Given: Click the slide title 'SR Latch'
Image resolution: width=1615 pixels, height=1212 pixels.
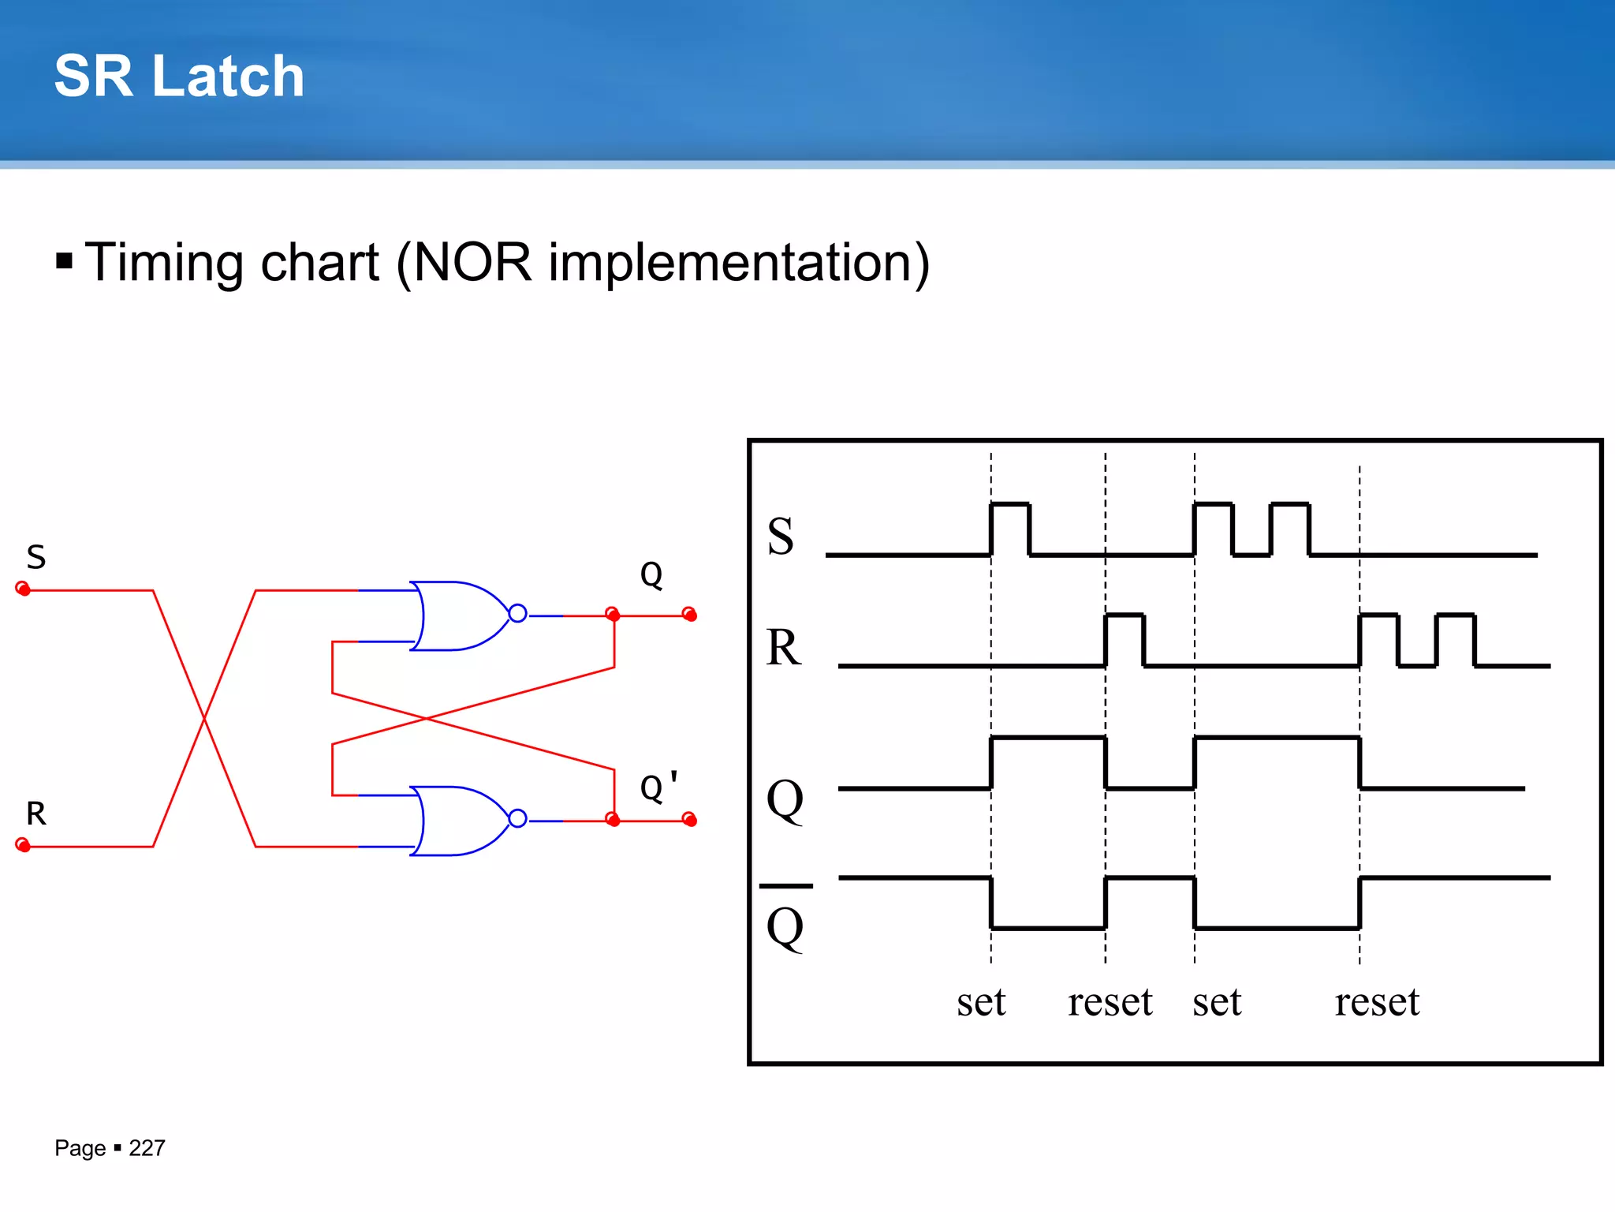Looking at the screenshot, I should pyautogui.click(x=179, y=77).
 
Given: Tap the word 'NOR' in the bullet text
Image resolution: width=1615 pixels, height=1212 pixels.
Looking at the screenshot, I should pyautogui.click(x=472, y=263).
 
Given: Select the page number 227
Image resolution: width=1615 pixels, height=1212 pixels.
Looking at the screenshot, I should pyautogui.click(x=147, y=1148).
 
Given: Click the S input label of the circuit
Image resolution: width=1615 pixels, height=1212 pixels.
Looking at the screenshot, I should pyautogui.click(x=36, y=557).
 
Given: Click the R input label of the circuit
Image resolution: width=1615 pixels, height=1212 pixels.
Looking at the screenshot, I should pyautogui.click(x=36, y=814).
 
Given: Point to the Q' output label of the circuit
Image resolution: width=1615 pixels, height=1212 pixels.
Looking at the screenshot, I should pyautogui.click(x=658, y=787).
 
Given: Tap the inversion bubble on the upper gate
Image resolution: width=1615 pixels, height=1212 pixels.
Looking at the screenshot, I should pyautogui.click(x=517, y=613).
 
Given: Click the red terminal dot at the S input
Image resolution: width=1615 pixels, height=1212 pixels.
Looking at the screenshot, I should pyautogui.click(x=23, y=589).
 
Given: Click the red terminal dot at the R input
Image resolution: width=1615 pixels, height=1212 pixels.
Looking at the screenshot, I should pyautogui.click(x=23, y=846).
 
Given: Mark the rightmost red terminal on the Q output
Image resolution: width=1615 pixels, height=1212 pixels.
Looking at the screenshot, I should pyautogui.click(x=689, y=614).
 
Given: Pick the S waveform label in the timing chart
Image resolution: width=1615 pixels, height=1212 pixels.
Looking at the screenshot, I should pyautogui.click(x=781, y=537).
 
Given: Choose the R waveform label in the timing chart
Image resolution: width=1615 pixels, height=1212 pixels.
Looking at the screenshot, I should pyautogui.click(x=783, y=648).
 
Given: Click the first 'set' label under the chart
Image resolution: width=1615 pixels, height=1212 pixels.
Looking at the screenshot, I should pyautogui.click(x=981, y=1002).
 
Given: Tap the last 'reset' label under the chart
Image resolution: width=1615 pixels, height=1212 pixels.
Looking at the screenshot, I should pyautogui.click(x=1377, y=1002).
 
